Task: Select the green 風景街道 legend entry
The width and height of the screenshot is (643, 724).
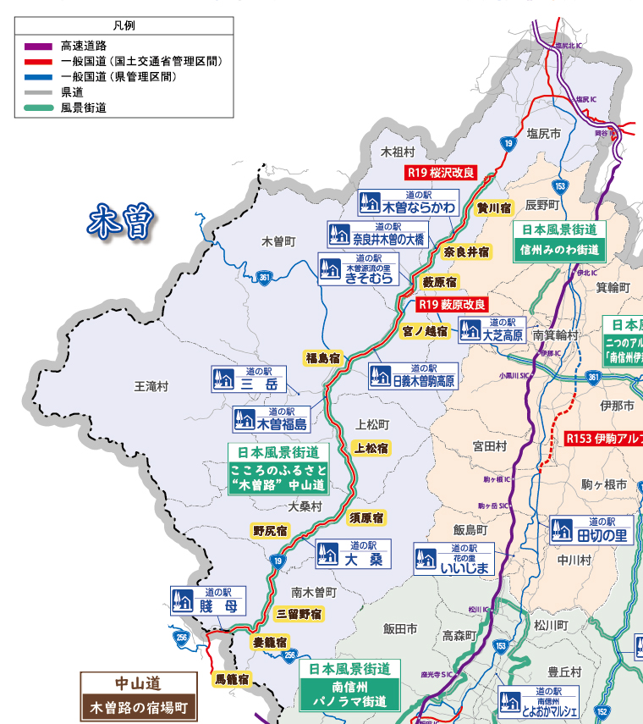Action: pos(36,108)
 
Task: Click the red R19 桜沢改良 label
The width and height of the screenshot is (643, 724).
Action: pos(440,173)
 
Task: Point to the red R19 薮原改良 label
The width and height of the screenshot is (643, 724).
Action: pos(452,304)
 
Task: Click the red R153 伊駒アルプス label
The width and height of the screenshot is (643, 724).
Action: pos(603,439)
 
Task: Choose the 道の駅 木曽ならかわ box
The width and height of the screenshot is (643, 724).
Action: pos(407,202)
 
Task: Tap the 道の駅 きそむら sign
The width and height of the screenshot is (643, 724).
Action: pos(356,268)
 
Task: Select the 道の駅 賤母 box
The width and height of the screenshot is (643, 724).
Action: pos(208,600)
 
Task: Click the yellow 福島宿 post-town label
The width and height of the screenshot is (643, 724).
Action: pos(321,358)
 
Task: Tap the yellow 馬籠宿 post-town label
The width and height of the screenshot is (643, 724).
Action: pos(231,678)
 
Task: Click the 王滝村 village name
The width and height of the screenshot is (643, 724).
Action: pos(151,386)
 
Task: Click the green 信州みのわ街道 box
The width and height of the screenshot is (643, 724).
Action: pos(559,240)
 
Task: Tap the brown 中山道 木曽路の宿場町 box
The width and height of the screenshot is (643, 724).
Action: pos(138,695)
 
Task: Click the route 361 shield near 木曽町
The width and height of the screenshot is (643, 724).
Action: pos(265,277)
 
